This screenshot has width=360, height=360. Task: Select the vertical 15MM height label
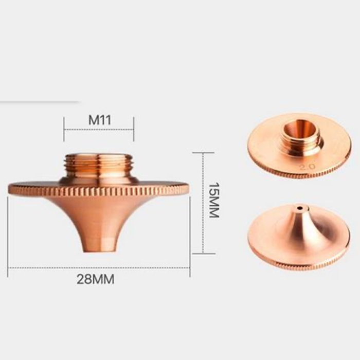point(213,200)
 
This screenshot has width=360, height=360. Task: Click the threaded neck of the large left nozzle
point(98,165)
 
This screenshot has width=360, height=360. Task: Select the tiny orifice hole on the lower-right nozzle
point(298,209)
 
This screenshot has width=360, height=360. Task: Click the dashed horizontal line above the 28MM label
point(98,268)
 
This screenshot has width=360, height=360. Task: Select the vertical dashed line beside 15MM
point(203,203)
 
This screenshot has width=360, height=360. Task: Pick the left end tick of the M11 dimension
point(64,129)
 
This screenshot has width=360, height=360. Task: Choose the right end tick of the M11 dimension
point(134,129)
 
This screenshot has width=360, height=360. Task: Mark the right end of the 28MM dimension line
point(189,268)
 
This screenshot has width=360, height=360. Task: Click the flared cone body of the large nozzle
point(98,216)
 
